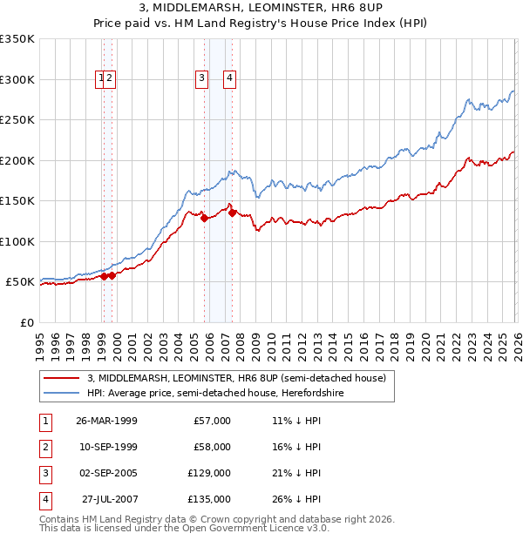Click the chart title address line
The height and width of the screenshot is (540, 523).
261,9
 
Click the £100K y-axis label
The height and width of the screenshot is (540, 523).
17,241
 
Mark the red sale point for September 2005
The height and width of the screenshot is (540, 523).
204,219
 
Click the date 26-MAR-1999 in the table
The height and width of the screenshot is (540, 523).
106,421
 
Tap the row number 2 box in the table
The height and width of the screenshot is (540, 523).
44,447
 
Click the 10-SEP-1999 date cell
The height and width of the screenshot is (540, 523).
106,447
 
